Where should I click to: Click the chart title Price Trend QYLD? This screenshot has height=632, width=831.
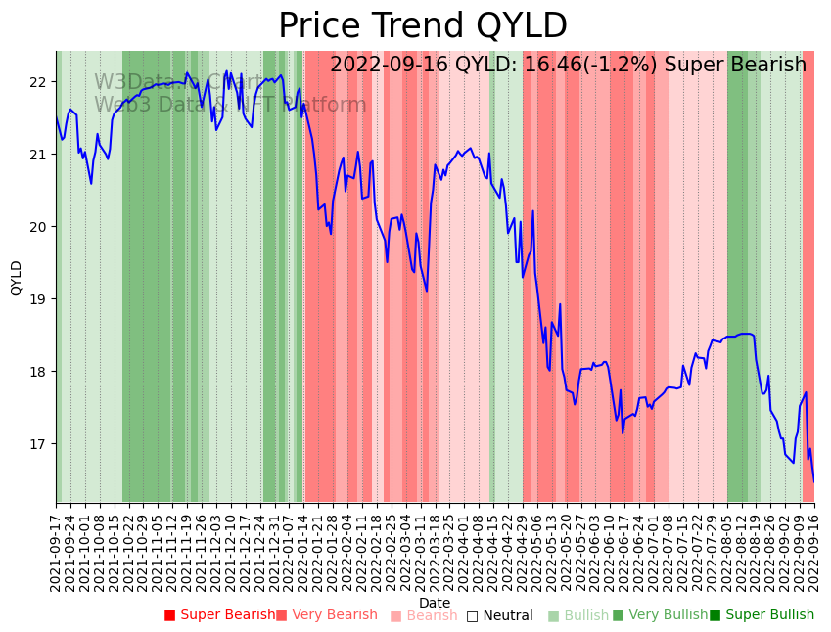tap(422, 26)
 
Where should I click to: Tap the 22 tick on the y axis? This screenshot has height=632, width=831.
tap(38, 82)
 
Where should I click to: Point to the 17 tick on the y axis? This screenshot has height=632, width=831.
tap(38, 444)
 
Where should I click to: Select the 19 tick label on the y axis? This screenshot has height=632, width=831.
tap(38, 299)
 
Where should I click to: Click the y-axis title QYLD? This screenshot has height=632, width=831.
tap(17, 278)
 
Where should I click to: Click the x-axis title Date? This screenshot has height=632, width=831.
tap(435, 603)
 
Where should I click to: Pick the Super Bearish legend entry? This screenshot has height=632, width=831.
tap(220, 615)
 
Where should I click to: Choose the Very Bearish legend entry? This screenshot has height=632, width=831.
tap(326, 615)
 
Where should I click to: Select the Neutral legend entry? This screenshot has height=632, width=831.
tap(499, 615)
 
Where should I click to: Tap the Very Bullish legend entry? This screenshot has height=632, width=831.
tap(660, 615)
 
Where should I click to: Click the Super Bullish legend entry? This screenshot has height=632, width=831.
tap(762, 615)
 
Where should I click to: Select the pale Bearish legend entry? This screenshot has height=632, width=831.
tap(424, 615)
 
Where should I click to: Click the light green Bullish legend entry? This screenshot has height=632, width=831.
tap(578, 615)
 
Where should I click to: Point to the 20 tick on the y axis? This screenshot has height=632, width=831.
tap(38, 227)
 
